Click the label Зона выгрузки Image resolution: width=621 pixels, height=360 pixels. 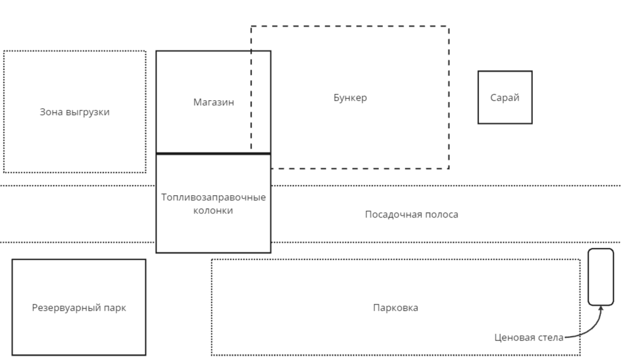click(x=74, y=112)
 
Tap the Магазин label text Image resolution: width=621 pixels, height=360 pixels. click(x=213, y=102)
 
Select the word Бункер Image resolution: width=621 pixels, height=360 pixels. click(x=350, y=98)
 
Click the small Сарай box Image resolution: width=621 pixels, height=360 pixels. click(x=505, y=97)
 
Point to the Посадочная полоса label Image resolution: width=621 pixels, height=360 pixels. click(x=412, y=215)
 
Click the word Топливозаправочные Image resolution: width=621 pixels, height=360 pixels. click(x=213, y=197)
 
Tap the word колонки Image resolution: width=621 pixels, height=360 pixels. click(x=213, y=211)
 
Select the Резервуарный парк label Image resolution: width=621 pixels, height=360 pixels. click(x=79, y=308)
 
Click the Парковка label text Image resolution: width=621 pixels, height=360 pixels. click(x=395, y=308)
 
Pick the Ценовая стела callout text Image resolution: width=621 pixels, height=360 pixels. click(x=529, y=338)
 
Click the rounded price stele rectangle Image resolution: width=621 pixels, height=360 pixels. click(x=600, y=276)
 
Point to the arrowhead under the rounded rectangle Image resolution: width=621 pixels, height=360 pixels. click(x=601, y=309)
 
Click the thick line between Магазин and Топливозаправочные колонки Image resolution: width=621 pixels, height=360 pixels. click(x=213, y=153)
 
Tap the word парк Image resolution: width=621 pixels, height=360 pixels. click(x=115, y=308)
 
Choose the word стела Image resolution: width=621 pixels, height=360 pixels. click(x=551, y=338)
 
